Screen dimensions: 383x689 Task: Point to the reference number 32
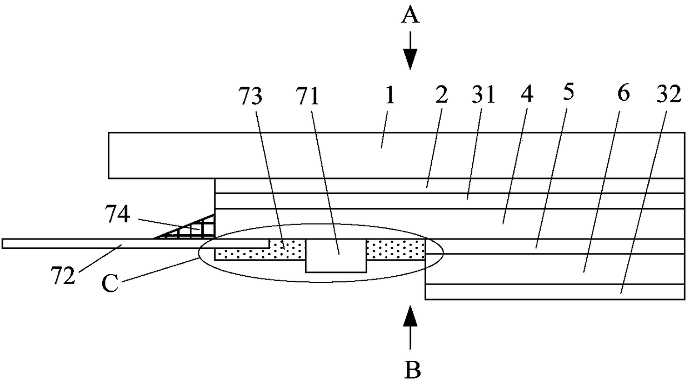(x=668, y=98)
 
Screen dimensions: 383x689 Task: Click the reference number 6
(x=623, y=94)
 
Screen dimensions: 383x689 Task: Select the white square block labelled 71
(x=336, y=255)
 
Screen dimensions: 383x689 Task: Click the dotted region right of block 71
(x=395, y=249)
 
